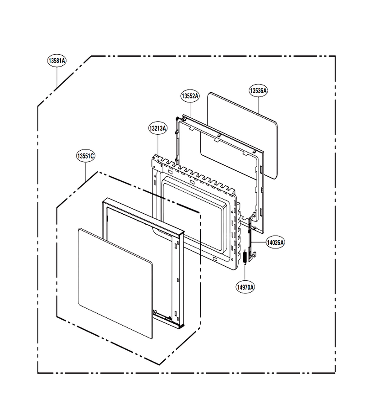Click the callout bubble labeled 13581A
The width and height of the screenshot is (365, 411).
(x=57, y=61)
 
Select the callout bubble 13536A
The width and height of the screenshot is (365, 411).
(x=258, y=91)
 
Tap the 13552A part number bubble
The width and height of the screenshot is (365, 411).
(x=190, y=96)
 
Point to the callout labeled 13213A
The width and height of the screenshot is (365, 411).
(x=157, y=128)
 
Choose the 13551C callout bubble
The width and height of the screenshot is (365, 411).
(x=86, y=156)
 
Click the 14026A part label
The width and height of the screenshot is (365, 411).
(x=275, y=242)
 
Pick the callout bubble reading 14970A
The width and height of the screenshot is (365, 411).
(x=245, y=287)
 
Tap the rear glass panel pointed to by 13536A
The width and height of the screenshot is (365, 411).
(x=242, y=136)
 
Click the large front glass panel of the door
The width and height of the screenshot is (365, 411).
(x=115, y=283)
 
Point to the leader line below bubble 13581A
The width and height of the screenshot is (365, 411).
(x=57, y=77)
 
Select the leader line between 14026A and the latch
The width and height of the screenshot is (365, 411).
(x=260, y=242)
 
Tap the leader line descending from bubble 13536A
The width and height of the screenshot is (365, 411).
(x=258, y=105)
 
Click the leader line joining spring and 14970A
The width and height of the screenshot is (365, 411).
(x=245, y=273)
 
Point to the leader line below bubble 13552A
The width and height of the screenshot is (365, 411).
(x=190, y=110)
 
